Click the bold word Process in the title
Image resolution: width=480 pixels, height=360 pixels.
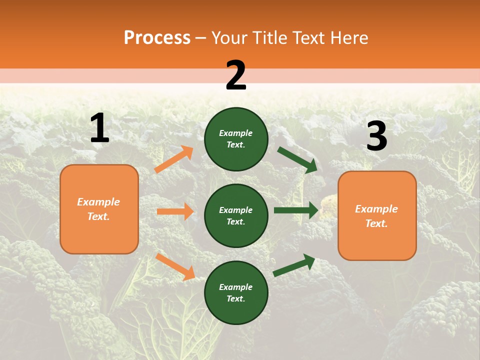click(x=157, y=38)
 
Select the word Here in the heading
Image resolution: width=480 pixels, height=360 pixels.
click(x=347, y=38)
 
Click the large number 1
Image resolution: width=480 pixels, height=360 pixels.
click(x=99, y=128)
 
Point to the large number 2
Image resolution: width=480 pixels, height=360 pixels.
click(x=236, y=75)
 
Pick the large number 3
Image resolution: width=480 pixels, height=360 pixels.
click(x=376, y=137)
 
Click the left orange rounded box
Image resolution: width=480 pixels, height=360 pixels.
click(x=99, y=209)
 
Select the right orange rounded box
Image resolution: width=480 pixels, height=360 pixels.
click(x=377, y=216)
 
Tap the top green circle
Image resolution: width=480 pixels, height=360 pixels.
click(x=236, y=139)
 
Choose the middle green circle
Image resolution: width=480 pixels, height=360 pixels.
click(x=236, y=215)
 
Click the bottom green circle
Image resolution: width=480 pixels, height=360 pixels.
click(x=236, y=292)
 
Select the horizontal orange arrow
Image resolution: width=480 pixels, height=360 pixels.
click(x=175, y=211)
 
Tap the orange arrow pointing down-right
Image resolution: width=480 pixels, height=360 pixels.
click(x=175, y=266)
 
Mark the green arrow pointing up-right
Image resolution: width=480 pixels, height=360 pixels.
click(x=294, y=265)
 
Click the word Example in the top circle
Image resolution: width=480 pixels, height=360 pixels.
click(x=236, y=133)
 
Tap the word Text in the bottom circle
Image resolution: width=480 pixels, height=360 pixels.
click(x=235, y=298)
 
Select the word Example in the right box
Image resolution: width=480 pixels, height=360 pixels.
click(x=376, y=209)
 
